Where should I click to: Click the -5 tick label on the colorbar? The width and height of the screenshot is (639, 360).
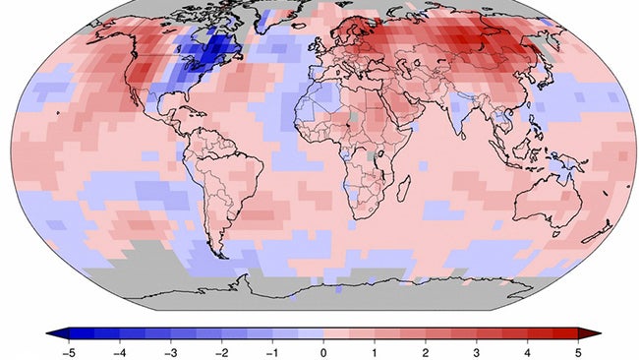67,351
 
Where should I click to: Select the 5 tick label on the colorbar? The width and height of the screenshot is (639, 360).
578,351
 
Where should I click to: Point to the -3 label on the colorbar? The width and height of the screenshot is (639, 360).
169,351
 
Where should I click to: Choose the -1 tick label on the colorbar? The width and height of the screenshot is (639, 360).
271,351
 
